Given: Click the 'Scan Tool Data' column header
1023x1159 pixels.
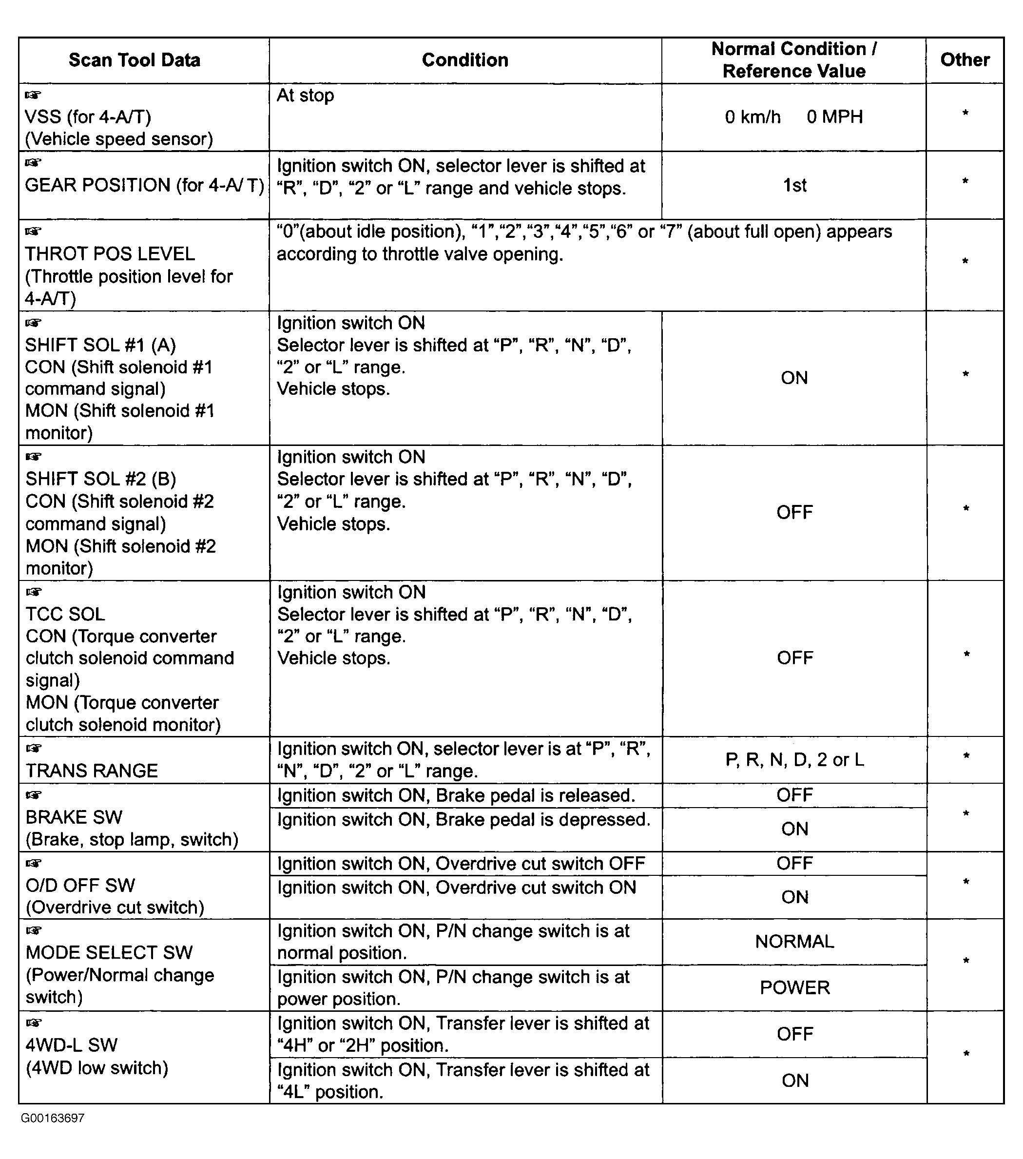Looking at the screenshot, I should pyautogui.click(x=135, y=60).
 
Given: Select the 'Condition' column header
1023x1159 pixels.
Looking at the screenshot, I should pyautogui.click(x=465, y=60).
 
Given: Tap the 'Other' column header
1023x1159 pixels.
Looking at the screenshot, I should pyautogui.click(x=965, y=59).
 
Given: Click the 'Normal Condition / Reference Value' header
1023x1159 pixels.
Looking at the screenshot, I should pyautogui.click(x=794, y=60).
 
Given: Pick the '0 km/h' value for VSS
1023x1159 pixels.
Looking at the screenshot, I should pyautogui.click(x=753, y=117).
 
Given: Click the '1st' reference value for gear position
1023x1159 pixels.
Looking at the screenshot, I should pyautogui.click(x=794, y=185).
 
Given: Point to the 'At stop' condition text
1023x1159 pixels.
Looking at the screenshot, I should pyautogui.click(x=305, y=95).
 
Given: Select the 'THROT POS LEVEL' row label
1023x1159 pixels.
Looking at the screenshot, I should pyautogui.click(x=110, y=253).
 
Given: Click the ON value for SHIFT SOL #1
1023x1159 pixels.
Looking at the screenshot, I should pyautogui.click(x=794, y=378).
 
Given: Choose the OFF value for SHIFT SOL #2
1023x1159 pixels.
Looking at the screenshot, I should pyautogui.click(x=794, y=512).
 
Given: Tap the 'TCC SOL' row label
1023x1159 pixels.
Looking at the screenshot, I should pyautogui.click(x=65, y=614).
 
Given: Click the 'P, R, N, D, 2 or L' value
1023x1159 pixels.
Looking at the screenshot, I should pyautogui.click(x=794, y=760).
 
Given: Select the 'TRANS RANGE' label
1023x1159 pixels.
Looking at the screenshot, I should pyautogui.click(x=92, y=771).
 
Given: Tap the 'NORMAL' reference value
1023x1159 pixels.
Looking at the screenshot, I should pyautogui.click(x=794, y=941).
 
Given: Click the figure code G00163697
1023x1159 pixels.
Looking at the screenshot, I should pyautogui.click(x=53, y=1118).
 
